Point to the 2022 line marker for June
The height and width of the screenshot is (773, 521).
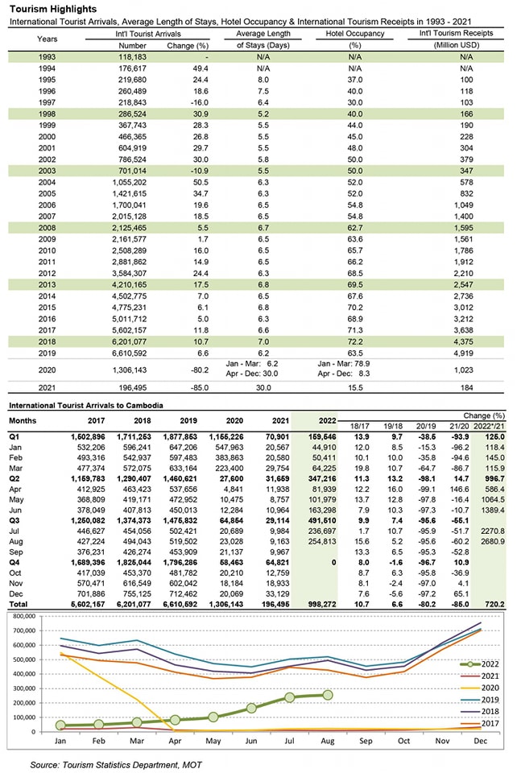coord(251,709)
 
